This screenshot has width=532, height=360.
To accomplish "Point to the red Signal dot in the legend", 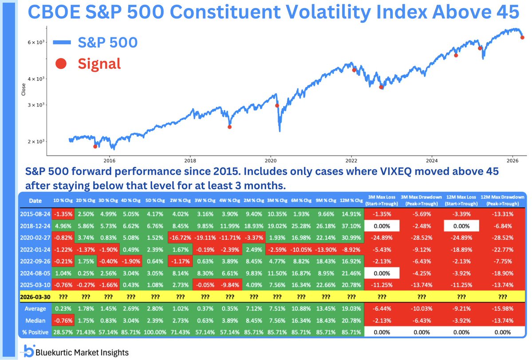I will [x=61, y=64].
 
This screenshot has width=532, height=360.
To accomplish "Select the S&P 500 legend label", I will [x=107, y=43].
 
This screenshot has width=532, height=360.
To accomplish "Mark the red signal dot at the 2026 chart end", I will [x=522, y=37].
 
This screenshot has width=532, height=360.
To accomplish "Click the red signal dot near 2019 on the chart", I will [x=230, y=127].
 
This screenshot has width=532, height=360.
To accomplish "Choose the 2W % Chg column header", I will [x=180, y=200].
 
